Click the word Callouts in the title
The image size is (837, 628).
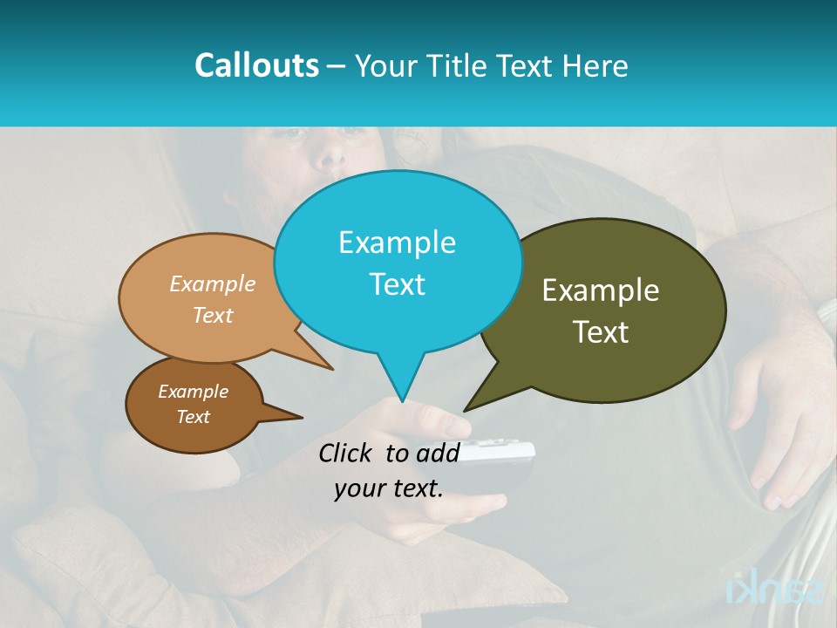256,65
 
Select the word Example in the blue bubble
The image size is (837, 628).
397,242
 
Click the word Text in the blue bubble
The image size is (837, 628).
397,283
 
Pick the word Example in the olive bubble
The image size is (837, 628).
601,290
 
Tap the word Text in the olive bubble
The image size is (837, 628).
601,331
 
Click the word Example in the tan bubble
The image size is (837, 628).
213,283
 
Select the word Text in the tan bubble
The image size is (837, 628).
213,315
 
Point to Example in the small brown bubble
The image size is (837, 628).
193,392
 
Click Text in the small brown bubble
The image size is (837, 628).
193,417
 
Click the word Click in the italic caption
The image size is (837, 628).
347,453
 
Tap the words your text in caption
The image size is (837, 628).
389,488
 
